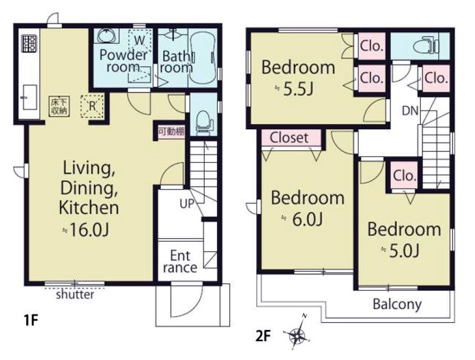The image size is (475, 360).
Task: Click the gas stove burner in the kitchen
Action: click(x=29, y=43)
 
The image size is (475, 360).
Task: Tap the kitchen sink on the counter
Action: click(x=29, y=97)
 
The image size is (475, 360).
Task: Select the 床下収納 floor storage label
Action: click(x=59, y=106)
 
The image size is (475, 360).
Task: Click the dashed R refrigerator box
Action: click(x=92, y=106)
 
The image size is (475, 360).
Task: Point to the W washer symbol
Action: click(x=140, y=40)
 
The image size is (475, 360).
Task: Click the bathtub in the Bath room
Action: click(x=202, y=58)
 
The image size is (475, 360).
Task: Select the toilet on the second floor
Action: click(x=426, y=46)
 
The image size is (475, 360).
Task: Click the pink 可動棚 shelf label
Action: click(x=171, y=132)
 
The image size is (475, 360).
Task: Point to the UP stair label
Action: click(x=187, y=204)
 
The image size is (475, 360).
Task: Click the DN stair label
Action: click(x=410, y=111)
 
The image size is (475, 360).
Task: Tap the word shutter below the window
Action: click(x=75, y=294)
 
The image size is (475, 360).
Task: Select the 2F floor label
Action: click(x=263, y=335)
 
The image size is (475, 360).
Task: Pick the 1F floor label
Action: click(x=31, y=320)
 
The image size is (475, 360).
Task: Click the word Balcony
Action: click(x=397, y=304)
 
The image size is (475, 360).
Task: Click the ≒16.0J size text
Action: click(x=85, y=230)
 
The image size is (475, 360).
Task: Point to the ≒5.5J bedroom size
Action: click(x=294, y=88)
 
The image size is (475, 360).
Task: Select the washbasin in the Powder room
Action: click(x=106, y=36)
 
